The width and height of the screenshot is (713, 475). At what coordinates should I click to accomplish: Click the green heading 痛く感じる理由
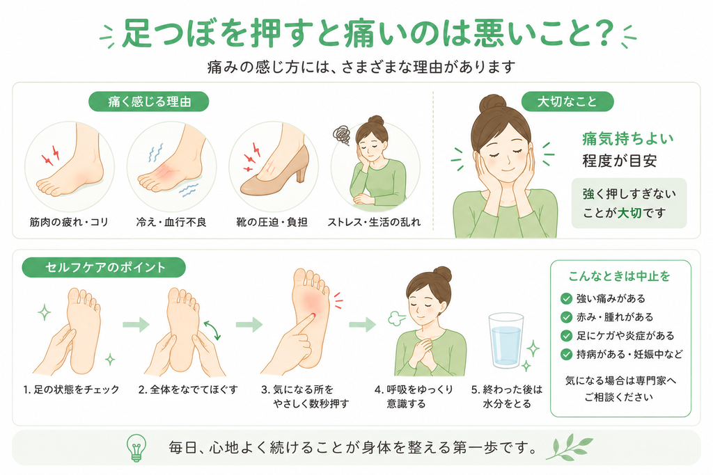point(149,102)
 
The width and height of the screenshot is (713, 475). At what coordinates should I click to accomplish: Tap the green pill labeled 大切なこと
point(567,102)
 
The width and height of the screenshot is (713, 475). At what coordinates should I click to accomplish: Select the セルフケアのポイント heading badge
point(104,267)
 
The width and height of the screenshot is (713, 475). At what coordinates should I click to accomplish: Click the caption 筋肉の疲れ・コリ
point(69,222)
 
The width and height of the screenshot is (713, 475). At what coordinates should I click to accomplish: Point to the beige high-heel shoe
point(276,170)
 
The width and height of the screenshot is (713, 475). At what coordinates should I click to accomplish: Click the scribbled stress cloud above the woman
point(341,135)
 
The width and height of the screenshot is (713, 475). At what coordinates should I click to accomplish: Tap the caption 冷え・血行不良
point(171,222)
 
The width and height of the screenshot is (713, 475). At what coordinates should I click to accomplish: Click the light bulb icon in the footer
point(136,447)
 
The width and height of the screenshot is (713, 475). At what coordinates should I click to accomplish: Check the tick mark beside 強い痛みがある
point(566,298)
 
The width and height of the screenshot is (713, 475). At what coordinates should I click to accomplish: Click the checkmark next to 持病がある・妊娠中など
point(566,354)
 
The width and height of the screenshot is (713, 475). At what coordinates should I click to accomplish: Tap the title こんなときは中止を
point(620,276)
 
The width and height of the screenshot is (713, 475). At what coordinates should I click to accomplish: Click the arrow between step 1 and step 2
point(136,324)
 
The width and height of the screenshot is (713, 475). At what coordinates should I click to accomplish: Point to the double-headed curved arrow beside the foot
point(212,330)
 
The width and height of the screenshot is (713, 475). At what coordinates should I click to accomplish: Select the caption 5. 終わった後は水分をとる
point(507,396)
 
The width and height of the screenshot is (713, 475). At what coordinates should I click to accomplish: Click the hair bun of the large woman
point(492,104)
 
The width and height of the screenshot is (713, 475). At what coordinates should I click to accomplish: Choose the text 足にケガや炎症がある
point(626,336)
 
